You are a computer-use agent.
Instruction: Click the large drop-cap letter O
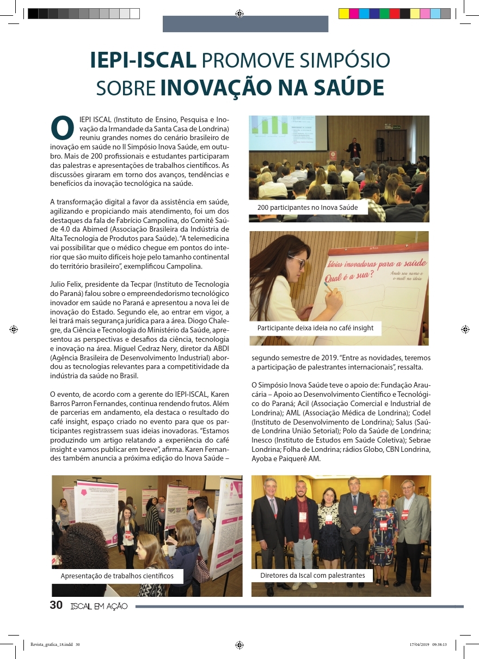click(62, 127)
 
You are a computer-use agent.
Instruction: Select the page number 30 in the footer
click(56, 605)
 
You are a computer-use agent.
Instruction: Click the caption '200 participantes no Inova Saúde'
click(308, 208)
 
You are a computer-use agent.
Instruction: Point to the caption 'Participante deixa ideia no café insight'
click(315, 328)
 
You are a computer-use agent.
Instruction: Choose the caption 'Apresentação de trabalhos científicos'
click(117, 576)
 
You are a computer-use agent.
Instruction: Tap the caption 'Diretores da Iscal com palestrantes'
click(312, 575)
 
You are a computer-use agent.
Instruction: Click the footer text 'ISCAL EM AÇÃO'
click(99, 606)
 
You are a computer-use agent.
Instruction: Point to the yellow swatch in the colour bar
click(344, 14)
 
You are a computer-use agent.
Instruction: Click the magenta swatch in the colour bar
click(354, 14)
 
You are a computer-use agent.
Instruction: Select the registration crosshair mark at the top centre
click(239, 14)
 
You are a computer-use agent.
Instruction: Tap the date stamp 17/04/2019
click(419, 644)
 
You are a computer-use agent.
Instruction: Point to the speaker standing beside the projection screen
click(354, 148)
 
